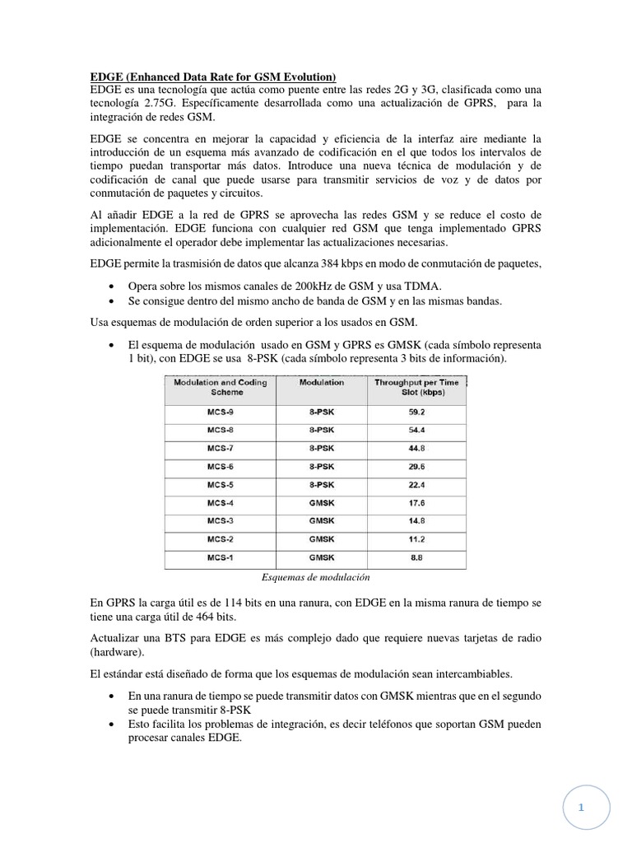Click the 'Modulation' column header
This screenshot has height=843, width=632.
tap(322, 383)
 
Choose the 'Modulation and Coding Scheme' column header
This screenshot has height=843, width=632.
tap(215, 388)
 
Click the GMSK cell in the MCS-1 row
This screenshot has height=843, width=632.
tap(322, 557)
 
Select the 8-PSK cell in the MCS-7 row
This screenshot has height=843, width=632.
tap(322, 449)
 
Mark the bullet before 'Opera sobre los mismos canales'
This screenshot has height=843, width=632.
tap(113, 285)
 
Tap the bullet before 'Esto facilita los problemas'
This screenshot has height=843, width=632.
tap(113, 724)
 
